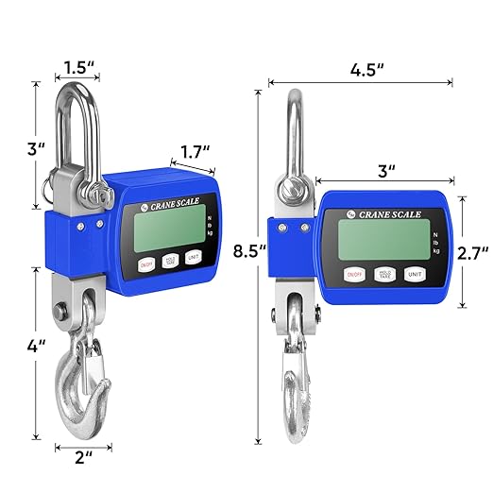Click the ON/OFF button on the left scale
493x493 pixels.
(146, 266)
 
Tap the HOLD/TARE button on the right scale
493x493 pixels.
(383, 275)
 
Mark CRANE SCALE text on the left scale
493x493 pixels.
(179, 198)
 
